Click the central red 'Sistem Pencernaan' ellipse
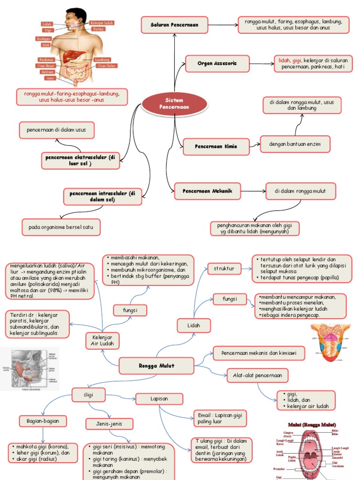(174, 104)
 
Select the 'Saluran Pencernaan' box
(174, 24)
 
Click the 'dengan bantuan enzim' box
(295, 144)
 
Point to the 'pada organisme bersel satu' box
(61, 227)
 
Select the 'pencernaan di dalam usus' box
(57, 130)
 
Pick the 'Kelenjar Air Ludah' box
(102, 341)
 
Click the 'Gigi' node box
(89, 395)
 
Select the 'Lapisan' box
(159, 399)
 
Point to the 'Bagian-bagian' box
(43, 421)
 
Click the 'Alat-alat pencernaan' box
(257, 375)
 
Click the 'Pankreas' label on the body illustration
(46, 60)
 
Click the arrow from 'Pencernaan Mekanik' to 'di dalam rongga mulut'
(254, 191)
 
